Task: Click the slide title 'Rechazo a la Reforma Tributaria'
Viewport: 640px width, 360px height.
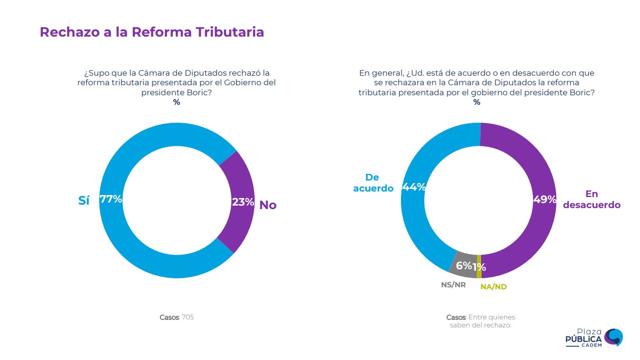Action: click(151, 32)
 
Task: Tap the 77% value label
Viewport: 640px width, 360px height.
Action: click(111, 199)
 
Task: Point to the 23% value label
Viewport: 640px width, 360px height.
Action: click(243, 203)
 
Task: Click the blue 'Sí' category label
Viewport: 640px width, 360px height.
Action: click(84, 201)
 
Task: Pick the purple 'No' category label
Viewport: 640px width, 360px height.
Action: click(268, 205)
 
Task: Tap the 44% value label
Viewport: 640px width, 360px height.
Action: click(414, 187)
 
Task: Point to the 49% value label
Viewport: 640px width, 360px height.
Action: click(545, 200)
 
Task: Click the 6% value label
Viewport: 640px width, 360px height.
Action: click(464, 266)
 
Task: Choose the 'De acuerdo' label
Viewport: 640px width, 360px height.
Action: click(373, 183)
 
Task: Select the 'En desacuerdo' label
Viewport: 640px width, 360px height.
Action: click(592, 200)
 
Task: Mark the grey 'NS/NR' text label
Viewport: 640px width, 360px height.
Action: click(453, 284)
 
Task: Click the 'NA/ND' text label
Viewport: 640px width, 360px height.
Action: click(493, 287)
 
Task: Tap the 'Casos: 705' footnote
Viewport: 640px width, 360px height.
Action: click(176, 317)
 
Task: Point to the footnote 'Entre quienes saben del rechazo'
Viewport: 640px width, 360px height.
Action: click(480, 321)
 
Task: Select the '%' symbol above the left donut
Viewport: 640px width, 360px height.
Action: click(176, 102)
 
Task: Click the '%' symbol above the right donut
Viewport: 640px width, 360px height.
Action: click(477, 102)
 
